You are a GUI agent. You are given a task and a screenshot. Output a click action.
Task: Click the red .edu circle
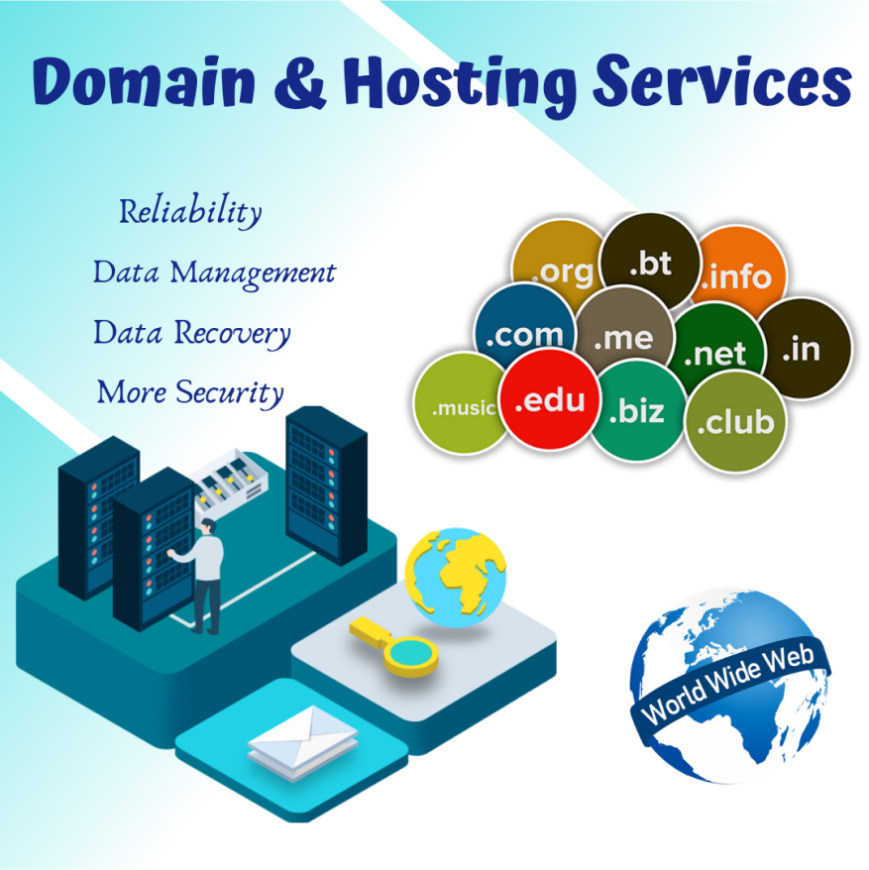click(x=549, y=399)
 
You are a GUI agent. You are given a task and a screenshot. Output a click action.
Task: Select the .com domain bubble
click(x=524, y=330)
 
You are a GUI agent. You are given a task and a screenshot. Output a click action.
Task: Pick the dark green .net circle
click(x=715, y=350)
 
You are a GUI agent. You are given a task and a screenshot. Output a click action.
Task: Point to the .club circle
click(x=736, y=422)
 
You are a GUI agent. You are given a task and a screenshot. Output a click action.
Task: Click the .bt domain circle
click(x=650, y=262)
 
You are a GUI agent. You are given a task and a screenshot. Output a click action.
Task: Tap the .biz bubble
click(x=638, y=410)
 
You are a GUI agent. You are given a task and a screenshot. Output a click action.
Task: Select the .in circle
click(x=805, y=349)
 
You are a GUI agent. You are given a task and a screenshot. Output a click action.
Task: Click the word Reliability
click(x=190, y=211)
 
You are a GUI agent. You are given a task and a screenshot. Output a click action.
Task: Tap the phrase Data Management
click(x=214, y=272)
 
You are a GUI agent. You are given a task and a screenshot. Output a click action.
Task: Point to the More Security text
click(x=190, y=392)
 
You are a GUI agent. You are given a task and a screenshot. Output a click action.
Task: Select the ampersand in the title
click(x=299, y=83)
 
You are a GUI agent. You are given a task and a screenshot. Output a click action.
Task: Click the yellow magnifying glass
click(x=394, y=646)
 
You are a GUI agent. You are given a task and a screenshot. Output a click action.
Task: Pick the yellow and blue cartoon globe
click(x=456, y=578)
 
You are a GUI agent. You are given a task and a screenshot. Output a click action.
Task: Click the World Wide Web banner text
click(x=728, y=684)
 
